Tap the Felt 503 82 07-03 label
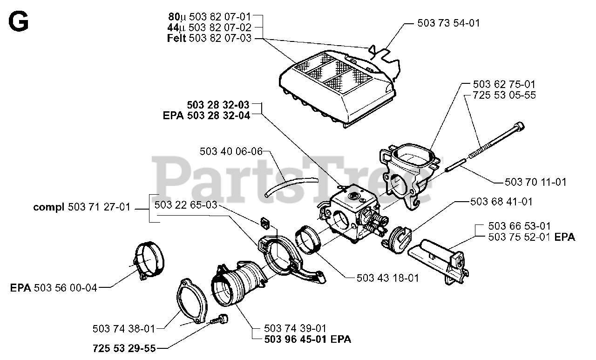click(x=209, y=38)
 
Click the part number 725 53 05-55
click(x=504, y=95)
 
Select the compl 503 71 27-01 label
click(x=82, y=207)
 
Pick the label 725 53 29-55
click(x=124, y=348)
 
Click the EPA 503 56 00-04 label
click(x=54, y=288)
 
